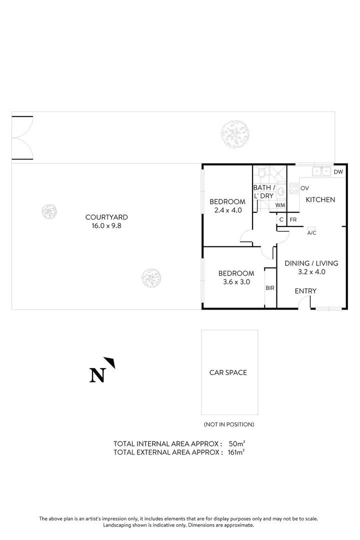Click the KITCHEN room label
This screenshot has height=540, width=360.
click(320, 199)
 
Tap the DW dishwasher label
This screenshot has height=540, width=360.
click(338, 172)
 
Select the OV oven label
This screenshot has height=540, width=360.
click(304, 188)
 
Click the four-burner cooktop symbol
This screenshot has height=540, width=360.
click(293, 188)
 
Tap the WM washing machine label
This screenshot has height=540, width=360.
click(280, 205)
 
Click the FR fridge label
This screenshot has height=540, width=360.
click(293, 219)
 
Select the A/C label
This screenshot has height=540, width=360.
click(311, 233)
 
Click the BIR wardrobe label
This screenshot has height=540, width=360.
click(270, 288)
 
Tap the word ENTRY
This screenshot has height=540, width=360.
click(305, 291)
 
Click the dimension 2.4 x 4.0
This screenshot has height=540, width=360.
click(227, 210)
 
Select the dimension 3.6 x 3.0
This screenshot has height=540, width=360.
click(236, 282)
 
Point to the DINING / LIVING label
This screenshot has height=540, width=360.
click(311, 263)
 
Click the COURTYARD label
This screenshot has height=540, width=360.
click(106, 217)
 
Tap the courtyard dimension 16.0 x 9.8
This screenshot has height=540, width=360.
click(106, 225)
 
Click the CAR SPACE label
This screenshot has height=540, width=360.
click(228, 372)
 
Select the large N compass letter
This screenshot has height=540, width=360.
click(97, 375)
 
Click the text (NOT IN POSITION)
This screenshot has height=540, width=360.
click(229, 424)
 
